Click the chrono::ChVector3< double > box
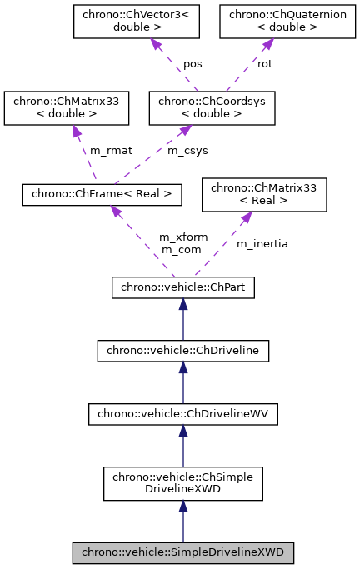pyautogui.click(x=122, y=21)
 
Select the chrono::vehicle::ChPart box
pyautogui.click(x=182, y=288)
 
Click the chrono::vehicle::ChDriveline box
pyautogui.click(x=182, y=352)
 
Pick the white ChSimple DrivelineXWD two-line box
pyautogui.click(x=182, y=483)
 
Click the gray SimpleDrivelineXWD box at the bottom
pyautogui.click(x=182, y=552)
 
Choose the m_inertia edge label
pyautogui.click(x=262, y=243)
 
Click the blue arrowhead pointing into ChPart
pyautogui.click(x=182, y=305)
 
